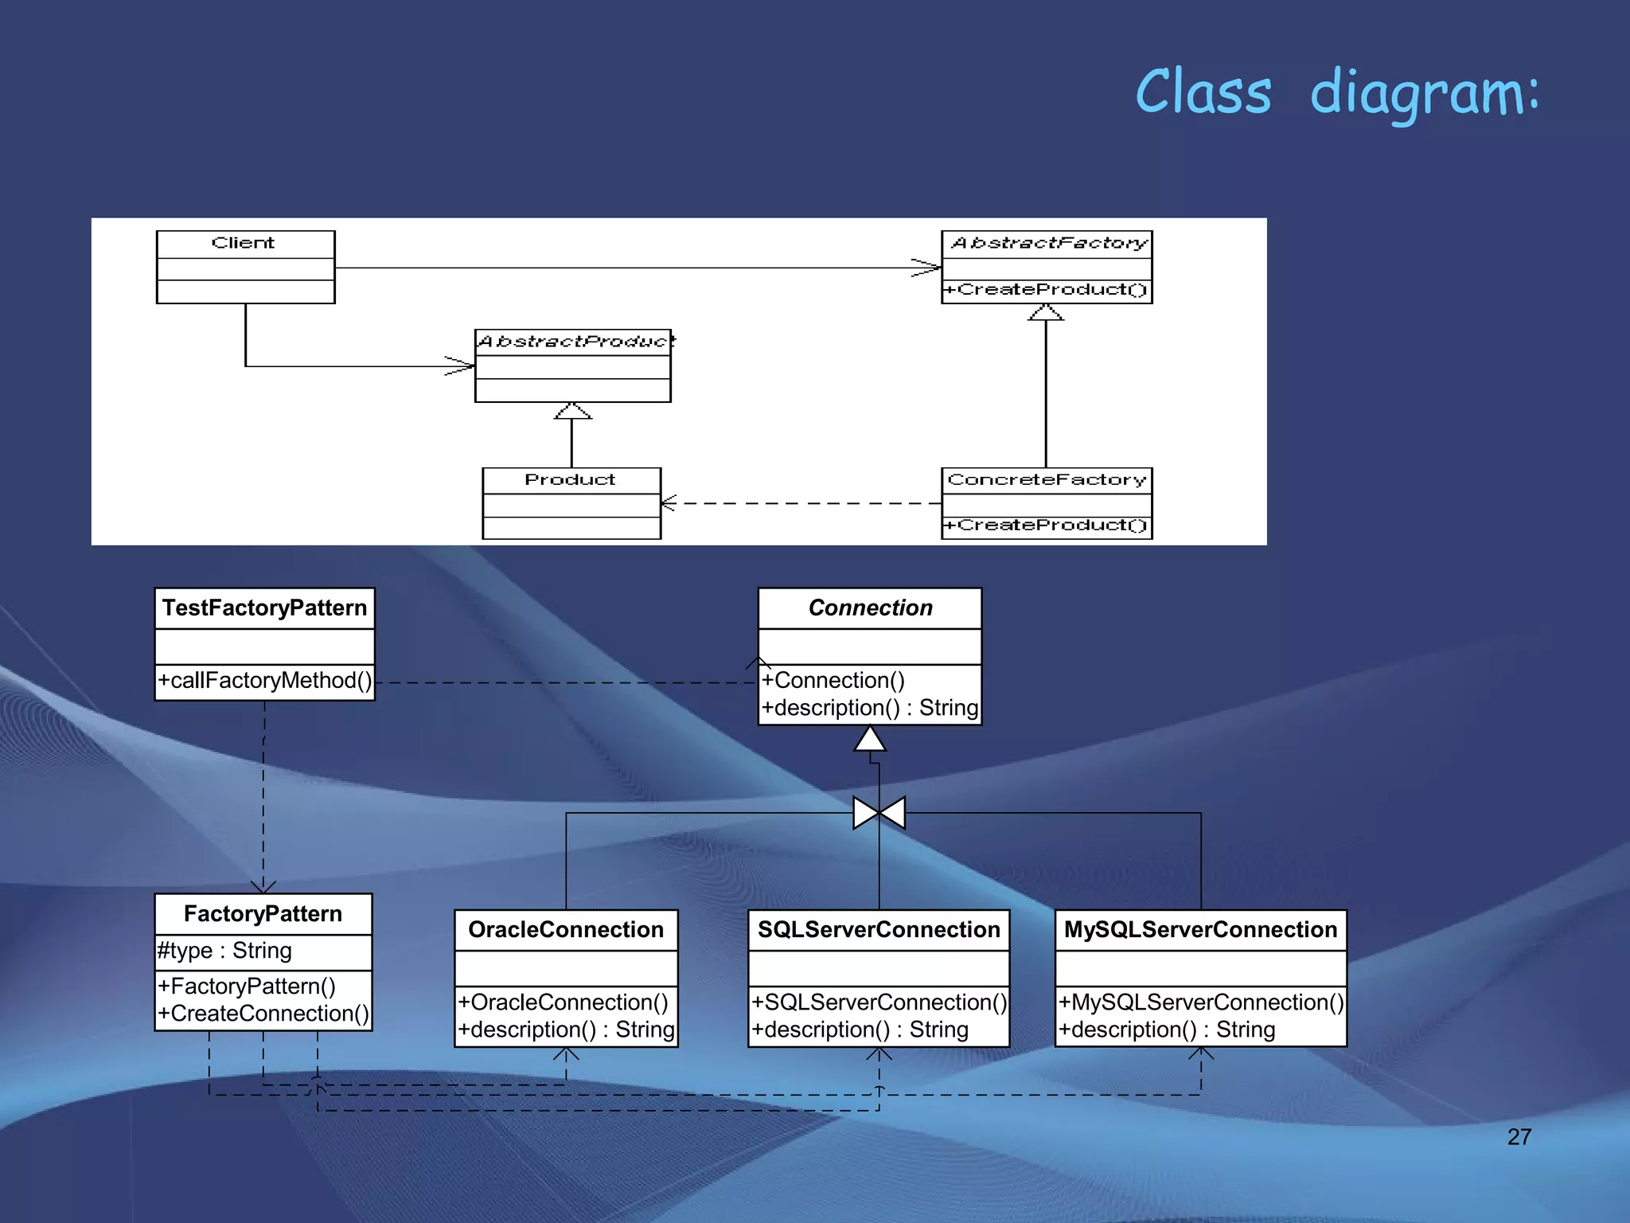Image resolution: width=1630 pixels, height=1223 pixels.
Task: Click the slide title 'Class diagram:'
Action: [x=1337, y=92]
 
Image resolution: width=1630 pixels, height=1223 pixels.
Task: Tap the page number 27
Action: [x=1519, y=1136]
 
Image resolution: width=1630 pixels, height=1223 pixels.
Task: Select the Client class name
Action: [x=243, y=243]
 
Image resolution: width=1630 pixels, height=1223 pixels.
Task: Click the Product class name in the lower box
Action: [x=570, y=479]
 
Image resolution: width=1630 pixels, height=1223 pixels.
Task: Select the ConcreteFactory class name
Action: [x=1047, y=479]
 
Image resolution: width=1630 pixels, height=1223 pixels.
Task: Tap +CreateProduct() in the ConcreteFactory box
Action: [x=1045, y=526]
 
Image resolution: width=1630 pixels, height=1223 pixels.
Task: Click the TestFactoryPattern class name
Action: [x=264, y=608]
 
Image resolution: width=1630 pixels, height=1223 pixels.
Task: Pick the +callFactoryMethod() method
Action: [x=264, y=681]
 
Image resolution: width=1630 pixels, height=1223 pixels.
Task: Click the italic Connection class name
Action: [x=870, y=608]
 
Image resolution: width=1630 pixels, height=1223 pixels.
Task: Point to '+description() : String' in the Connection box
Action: [x=869, y=708]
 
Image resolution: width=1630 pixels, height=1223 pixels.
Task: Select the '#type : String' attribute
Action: [x=224, y=951]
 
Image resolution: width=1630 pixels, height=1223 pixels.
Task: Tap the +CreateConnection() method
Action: [x=263, y=1014]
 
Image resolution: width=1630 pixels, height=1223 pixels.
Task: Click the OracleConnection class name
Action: [x=566, y=930]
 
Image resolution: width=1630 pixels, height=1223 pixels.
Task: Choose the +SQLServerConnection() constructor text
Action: [x=879, y=1002]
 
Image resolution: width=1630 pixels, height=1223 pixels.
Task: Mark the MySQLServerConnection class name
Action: [x=1200, y=930]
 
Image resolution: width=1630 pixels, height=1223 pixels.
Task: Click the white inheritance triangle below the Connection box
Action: [x=870, y=740]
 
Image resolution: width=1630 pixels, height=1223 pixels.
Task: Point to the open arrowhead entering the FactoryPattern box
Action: [x=263, y=886]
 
